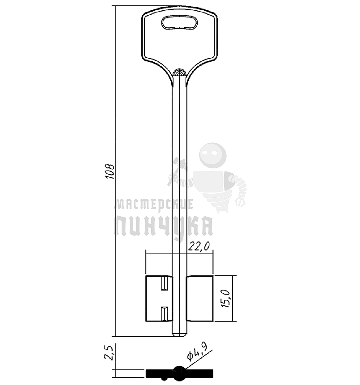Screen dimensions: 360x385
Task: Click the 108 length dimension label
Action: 110,171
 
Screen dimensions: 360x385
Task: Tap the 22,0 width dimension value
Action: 199,246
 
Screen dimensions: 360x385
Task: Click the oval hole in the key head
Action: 179,23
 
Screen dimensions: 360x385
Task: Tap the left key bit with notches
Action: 159,298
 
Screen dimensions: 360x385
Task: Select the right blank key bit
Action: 199,298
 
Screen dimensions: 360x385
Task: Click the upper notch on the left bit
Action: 164,283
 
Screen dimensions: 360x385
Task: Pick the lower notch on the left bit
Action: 164,313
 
